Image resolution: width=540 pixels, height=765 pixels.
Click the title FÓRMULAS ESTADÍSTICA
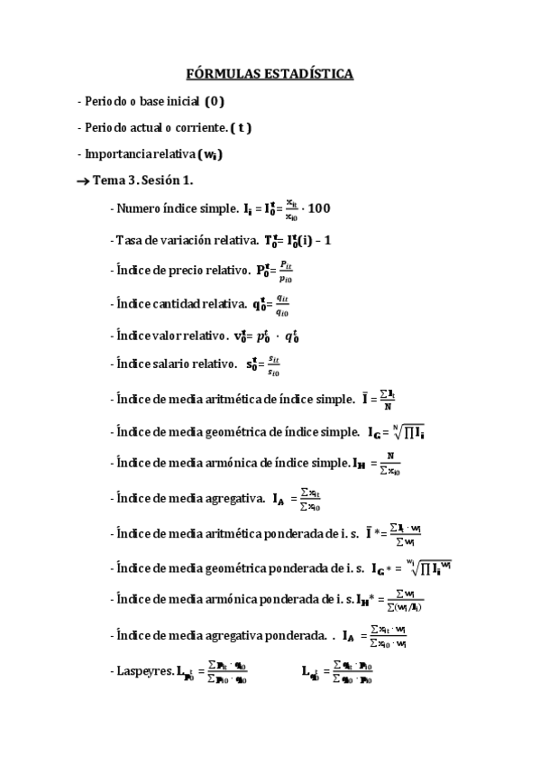coord(270,73)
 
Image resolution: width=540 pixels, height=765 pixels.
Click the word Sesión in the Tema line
coord(168,181)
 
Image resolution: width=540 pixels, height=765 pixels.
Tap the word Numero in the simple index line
coord(141,208)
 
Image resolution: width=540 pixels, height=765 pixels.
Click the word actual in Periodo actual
coord(147,127)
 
